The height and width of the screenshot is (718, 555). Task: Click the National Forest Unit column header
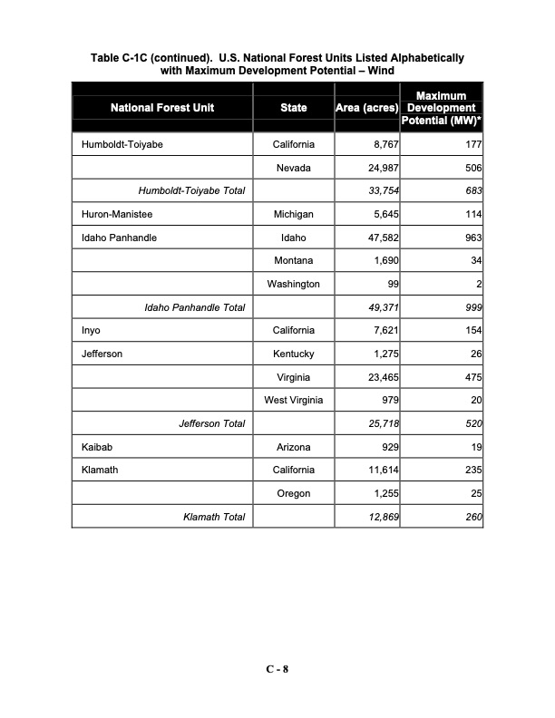click(162, 108)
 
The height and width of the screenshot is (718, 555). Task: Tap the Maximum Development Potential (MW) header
click(442, 108)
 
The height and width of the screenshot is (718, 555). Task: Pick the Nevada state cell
click(293, 168)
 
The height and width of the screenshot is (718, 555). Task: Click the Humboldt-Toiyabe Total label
click(191, 191)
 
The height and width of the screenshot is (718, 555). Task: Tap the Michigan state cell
click(293, 214)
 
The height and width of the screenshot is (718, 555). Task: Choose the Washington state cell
click(293, 284)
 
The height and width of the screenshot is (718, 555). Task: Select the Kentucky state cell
click(293, 354)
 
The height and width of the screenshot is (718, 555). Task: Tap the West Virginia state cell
click(293, 401)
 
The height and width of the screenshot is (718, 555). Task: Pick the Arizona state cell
click(293, 447)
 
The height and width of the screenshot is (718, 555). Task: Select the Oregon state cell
click(293, 493)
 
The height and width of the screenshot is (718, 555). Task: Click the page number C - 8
click(277, 670)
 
